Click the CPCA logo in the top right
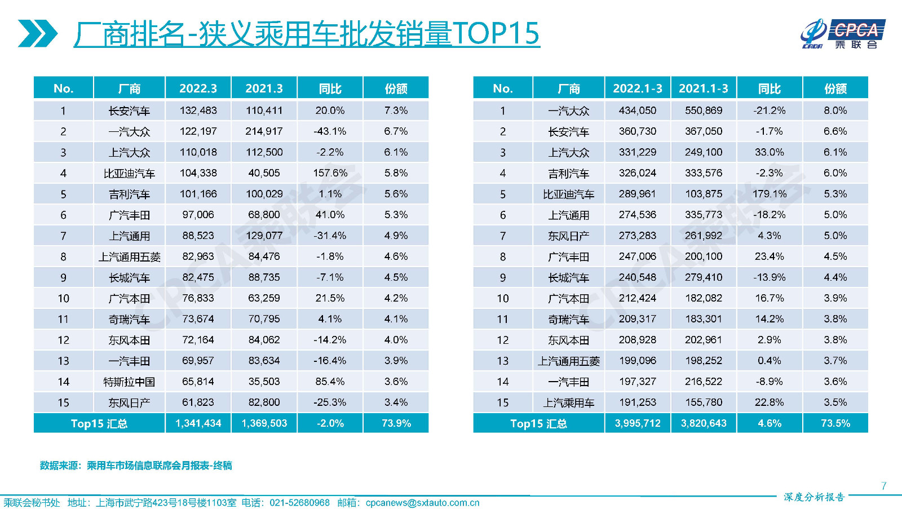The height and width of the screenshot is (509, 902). point(842,34)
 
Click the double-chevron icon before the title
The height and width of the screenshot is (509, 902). point(37,33)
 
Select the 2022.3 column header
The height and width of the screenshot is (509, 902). point(198,88)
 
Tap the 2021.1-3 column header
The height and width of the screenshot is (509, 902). point(703,88)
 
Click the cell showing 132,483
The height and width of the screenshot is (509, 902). point(198,110)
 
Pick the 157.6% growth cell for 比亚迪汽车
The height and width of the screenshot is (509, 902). point(330,173)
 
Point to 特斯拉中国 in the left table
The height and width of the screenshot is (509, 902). point(129,382)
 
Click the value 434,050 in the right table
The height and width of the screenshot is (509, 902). point(637,110)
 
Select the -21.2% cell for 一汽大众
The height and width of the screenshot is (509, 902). point(769,110)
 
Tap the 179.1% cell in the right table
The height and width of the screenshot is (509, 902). point(769,194)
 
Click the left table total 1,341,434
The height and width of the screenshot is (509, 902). point(198,423)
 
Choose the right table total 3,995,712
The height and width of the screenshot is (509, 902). point(637,423)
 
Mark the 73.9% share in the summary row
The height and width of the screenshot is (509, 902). point(396,423)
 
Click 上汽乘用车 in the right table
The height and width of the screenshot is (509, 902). point(568,403)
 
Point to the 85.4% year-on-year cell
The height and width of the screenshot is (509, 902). point(330,382)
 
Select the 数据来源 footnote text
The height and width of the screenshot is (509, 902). point(136,466)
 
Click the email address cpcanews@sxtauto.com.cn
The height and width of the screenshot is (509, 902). point(422,503)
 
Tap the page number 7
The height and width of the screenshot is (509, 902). point(883,486)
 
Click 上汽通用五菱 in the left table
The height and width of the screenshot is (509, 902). point(129,257)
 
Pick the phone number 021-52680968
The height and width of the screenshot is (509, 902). point(299,503)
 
